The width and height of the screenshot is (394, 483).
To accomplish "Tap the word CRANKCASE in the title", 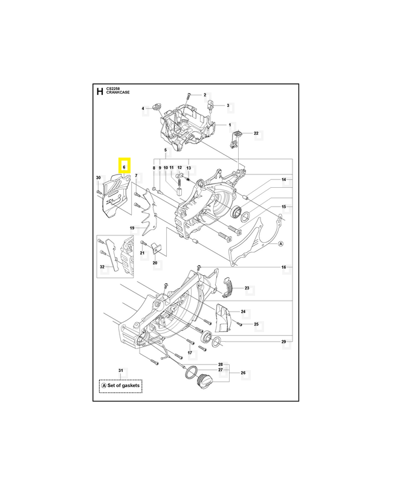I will tap(117, 92).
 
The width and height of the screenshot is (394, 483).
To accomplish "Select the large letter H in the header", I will tap(100, 91).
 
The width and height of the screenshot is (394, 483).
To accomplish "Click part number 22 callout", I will tap(256, 133).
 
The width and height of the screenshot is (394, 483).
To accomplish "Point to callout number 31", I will tap(120, 370).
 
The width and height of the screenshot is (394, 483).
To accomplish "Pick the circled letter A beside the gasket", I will tap(280, 244).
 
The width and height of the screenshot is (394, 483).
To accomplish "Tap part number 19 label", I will tap(132, 228).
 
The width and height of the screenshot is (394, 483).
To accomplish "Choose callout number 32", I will tap(102, 267).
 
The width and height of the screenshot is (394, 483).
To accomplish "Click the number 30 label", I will tap(98, 177).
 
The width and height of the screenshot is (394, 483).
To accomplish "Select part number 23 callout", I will tap(247, 289).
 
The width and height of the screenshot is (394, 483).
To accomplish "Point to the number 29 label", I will tap(283, 342).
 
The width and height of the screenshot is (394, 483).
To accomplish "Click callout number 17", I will tap(189, 353).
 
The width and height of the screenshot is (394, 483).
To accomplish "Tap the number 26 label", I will tap(244, 373).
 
